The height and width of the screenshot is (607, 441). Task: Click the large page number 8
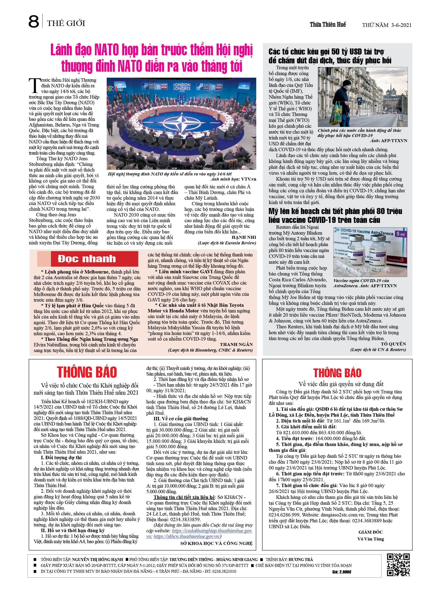click(x=34, y=22)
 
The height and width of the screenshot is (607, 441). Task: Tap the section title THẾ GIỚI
click(x=66, y=23)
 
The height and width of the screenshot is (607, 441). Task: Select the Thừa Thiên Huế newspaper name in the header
click(x=328, y=25)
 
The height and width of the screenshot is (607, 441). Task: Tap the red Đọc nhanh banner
click(x=87, y=259)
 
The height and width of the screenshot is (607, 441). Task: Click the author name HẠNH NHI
click(x=244, y=237)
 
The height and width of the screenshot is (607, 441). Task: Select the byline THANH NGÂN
click(x=236, y=344)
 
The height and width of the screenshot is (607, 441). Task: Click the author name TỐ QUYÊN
click(x=393, y=344)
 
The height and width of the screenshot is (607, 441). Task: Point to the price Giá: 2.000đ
click(x=341, y=572)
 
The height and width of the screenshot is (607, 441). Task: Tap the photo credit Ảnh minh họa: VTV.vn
click(x=233, y=179)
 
